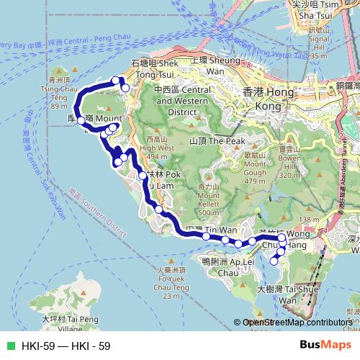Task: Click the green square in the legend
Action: point(10,346)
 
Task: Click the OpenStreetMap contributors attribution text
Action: point(296,323)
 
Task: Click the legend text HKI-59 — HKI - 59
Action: point(66,346)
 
